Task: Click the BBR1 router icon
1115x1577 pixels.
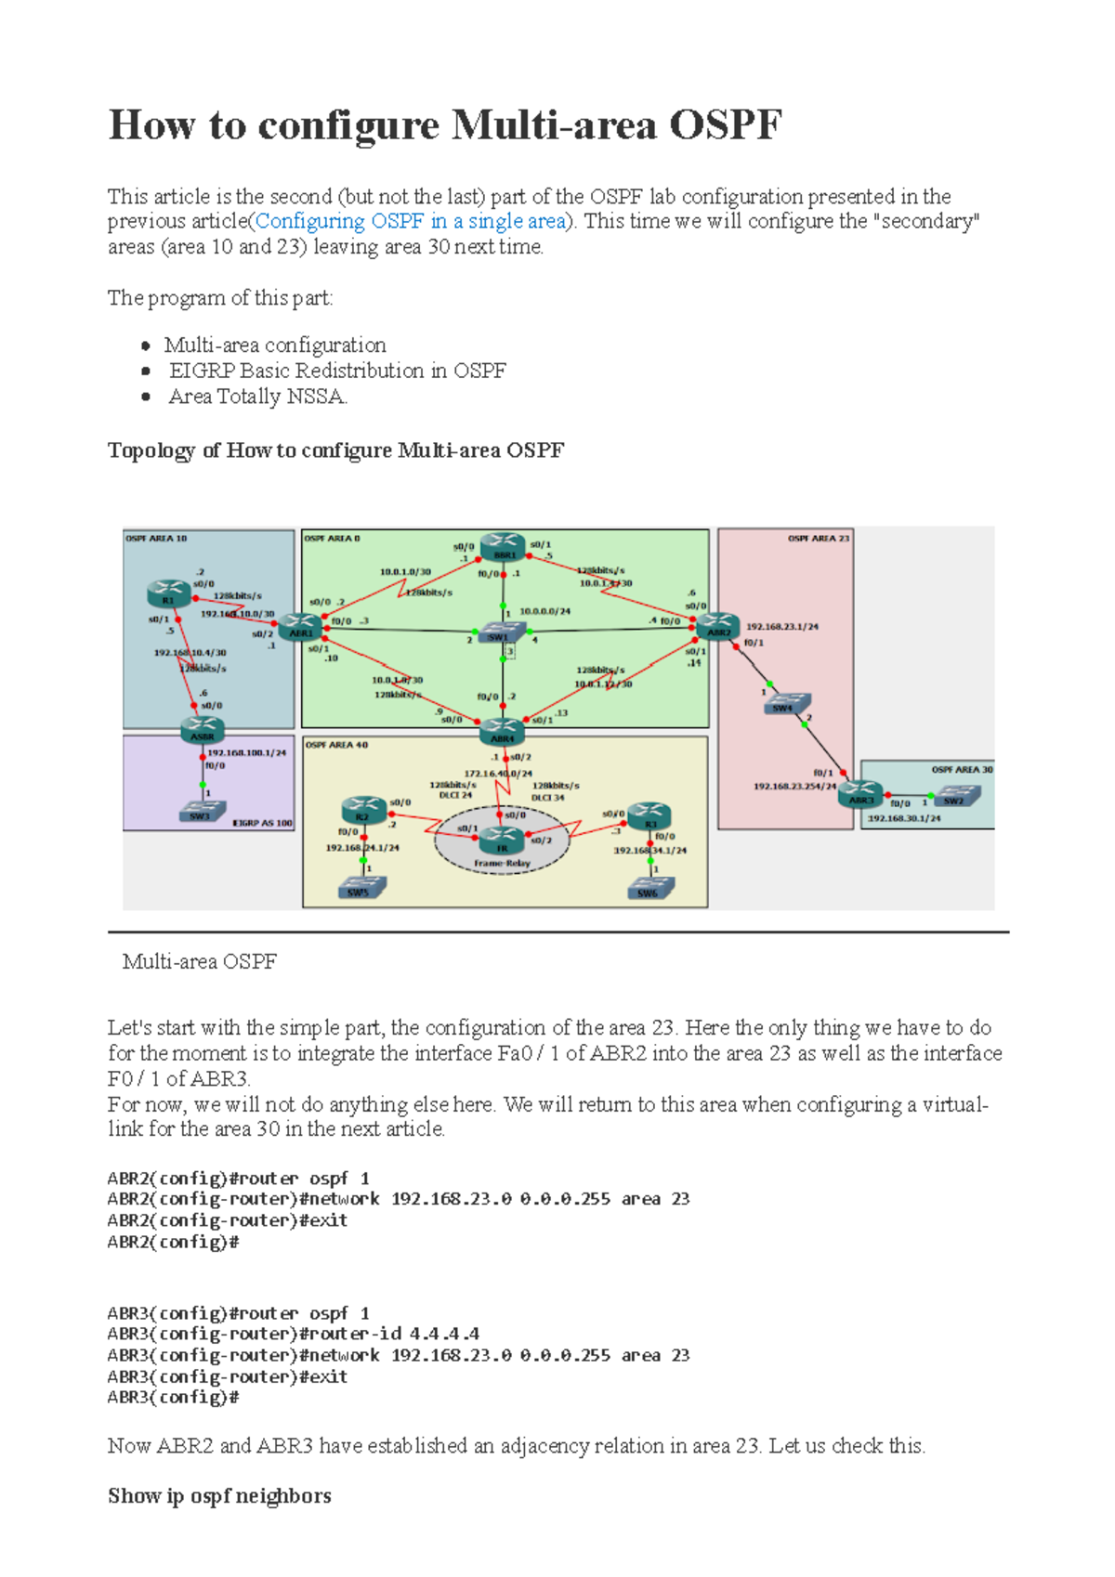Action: (x=503, y=547)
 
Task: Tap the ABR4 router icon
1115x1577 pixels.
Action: (x=502, y=732)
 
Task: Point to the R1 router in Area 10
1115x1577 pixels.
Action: (x=169, y=593)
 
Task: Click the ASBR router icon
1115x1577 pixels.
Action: (x=202, y=730)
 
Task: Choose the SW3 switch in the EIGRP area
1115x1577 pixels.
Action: (x=200, y=813)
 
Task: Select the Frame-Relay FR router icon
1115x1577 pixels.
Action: (x=502, y=841)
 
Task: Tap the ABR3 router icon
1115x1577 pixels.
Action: (x=860, y=794)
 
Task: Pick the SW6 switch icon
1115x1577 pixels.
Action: (x=648, y=889)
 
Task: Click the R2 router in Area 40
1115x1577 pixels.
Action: (x=362, y=810)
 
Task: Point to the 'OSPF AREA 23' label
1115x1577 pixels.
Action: (x=818, y=539)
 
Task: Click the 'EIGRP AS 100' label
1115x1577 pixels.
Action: (x=262, y=823)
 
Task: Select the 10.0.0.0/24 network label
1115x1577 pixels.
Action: (x=544, y=611)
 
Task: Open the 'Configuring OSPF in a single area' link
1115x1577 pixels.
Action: (x=411, y=222)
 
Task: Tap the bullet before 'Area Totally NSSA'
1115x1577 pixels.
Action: (x=146, y=397)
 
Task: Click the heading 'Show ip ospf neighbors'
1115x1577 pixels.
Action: (x=219, y=1496)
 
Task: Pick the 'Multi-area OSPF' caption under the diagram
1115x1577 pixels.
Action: (x=200, y=962)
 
